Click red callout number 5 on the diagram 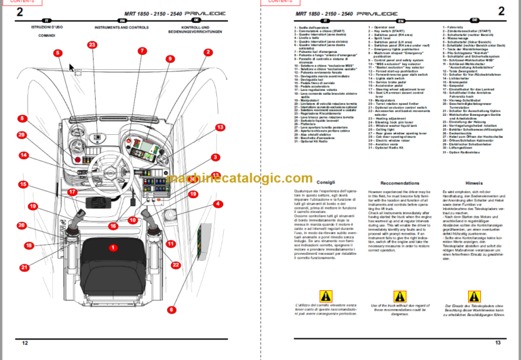(58, 53)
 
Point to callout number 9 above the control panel (141, 50)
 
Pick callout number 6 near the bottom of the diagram (172, 309)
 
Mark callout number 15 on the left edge (22, 184)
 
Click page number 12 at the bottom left (25, 344)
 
